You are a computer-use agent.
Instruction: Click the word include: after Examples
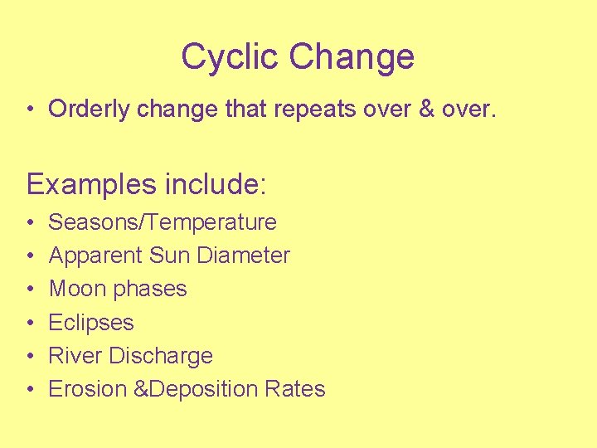(216, 183)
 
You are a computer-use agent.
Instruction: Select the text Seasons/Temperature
(163, 222)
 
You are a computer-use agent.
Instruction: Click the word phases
(150, 290)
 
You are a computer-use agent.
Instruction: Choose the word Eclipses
(91, 323)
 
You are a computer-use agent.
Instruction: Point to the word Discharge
(161, 356)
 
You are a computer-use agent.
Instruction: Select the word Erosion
(87, 388)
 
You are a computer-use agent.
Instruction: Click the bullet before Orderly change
(30, 110)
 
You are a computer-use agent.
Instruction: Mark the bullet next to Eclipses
(30, 323)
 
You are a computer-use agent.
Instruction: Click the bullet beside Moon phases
(30, 290)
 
